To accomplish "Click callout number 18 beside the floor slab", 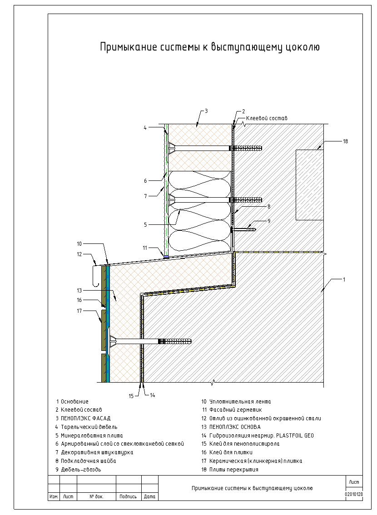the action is (x=345, y=141).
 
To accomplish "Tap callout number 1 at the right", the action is (x=344, y=280).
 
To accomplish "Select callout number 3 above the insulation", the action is (x=206, y=111).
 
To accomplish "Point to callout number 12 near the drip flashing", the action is (x=79, y=254).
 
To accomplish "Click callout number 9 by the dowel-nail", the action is (x=269, y=221).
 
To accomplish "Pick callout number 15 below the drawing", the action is (x=131, y=396).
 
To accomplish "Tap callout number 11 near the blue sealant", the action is (x=145, y=248).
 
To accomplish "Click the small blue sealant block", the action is (x=166, y=257).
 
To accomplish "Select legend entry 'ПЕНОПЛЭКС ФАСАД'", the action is (x=85, y=418).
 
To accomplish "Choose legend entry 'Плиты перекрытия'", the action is (x=234, y=470).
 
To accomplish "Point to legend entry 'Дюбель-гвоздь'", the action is (x=81, y=470).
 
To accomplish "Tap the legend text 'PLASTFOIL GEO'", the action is (x=295, y=436).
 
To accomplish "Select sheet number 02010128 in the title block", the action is (x=354, y=494).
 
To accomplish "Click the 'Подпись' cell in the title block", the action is (x=128, y=496).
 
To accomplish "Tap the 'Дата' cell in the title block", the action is (x=150, y=496).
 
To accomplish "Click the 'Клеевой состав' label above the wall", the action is (x=267, y=118).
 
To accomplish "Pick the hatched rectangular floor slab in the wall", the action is (x=310, y=185).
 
